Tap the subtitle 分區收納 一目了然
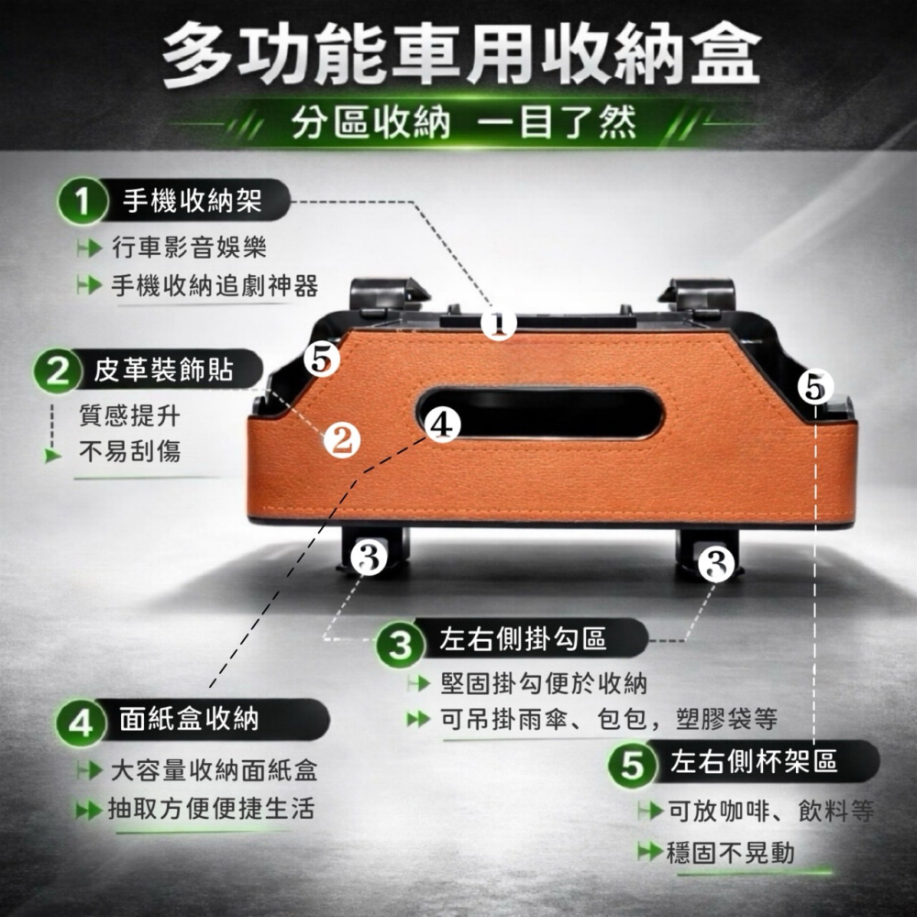[x=463, y=122]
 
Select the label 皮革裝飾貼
[x=163, y=370]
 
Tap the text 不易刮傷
[x=129, y=450]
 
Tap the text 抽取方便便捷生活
[x=211, y=808]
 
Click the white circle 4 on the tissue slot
[x=441, y=424]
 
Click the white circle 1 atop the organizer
[x=500, y=324]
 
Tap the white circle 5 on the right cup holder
[x=815, y=387]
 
